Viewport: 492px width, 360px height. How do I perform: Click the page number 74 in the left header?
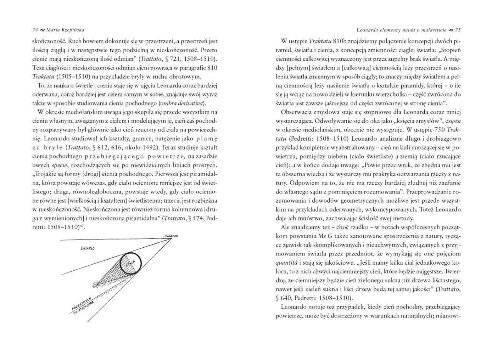click(35, 30)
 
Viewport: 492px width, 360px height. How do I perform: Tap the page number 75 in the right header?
click(458, 30)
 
